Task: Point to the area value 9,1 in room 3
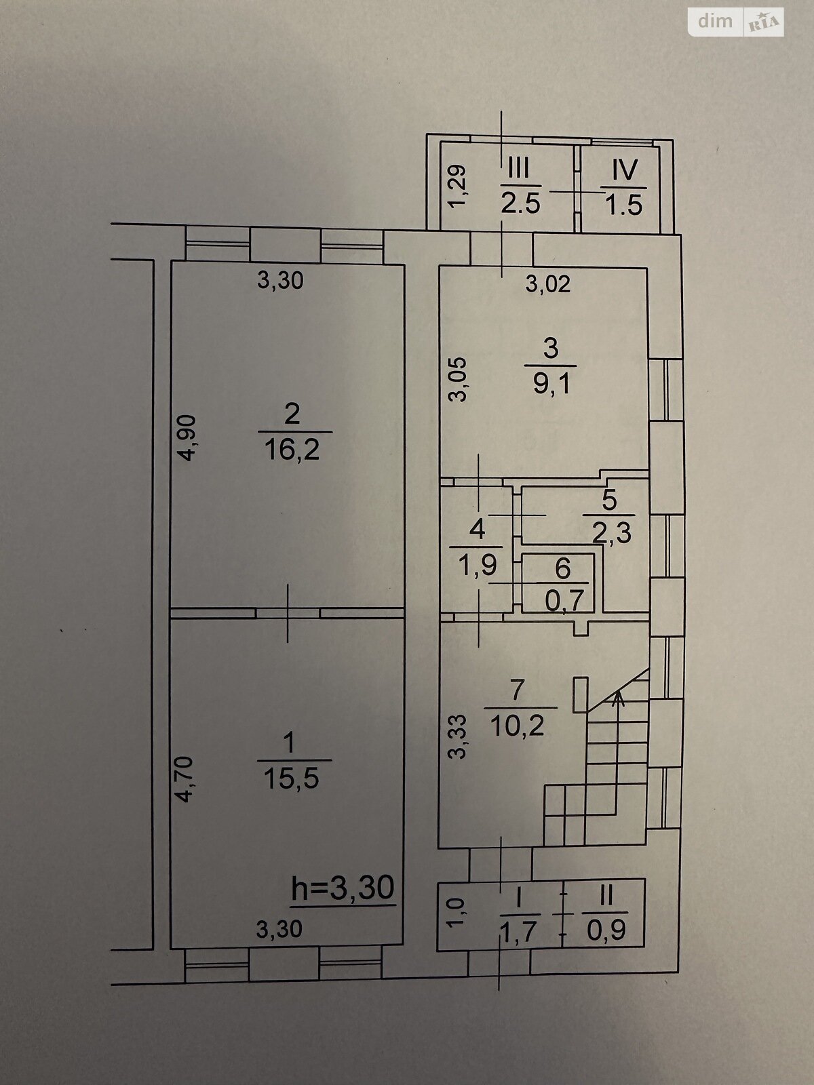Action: tap(551, 384)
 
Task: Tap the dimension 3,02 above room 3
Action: tap(548, 285)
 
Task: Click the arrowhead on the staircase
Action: tap(617, 698)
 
